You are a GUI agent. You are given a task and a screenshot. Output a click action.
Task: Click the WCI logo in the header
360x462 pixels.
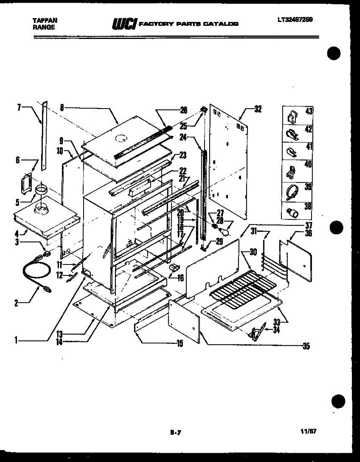(x=124, y=24)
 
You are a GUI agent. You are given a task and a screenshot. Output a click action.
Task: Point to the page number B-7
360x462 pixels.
(x=175, y=432)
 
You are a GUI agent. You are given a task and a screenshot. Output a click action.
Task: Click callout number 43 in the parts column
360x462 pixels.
(x=308, y=111)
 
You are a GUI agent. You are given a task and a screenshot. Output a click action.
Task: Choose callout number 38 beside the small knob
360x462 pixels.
(x=308, y=206)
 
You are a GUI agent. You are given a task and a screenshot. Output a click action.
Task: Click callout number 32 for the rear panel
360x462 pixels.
(x=258, y=109)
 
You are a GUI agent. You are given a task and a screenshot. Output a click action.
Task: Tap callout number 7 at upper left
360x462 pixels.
(x=19, y=107)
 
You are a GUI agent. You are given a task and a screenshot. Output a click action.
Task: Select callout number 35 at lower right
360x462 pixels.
(x=306, y=346)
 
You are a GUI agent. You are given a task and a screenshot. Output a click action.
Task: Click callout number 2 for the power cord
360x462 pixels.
(x=16, y=303)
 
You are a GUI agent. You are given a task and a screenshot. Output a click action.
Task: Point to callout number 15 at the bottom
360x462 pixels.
(x=179, y=344)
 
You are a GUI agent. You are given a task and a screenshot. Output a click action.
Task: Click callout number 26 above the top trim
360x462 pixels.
(x=183, y=110)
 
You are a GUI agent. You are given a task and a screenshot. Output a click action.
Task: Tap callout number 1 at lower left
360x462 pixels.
(x=16, y=340)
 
